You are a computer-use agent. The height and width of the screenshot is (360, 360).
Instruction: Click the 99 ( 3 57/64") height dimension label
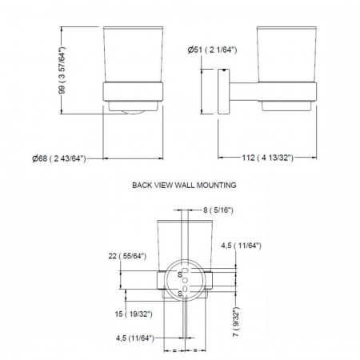(x=62, y=70)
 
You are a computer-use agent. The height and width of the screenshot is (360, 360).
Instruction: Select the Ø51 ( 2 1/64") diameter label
(x=212, y=50)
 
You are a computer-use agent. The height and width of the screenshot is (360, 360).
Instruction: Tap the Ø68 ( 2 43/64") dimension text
(x=59, y=158)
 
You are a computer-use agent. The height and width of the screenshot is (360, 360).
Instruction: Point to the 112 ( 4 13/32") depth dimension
(x=267, y=158)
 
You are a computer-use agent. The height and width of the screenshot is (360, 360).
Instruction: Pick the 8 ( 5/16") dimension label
(x=218, y=210)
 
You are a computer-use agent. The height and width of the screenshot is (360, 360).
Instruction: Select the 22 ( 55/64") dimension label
(x=127, y=256)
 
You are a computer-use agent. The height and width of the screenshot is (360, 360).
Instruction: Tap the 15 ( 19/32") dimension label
(x=134, y=314)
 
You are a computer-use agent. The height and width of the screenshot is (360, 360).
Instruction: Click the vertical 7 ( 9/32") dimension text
(x=236, y=322)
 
